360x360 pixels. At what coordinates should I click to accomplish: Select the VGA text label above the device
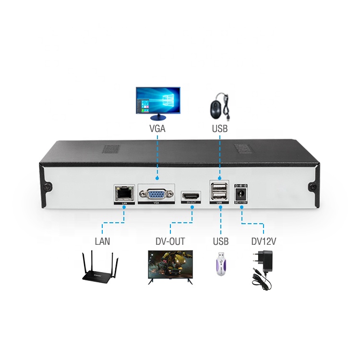tap(158, 129)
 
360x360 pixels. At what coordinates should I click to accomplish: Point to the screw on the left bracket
tap(49, 186)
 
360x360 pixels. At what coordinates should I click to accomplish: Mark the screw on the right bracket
tap(312, 186)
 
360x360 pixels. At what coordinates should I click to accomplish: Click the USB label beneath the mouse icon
tap(220, 129)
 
